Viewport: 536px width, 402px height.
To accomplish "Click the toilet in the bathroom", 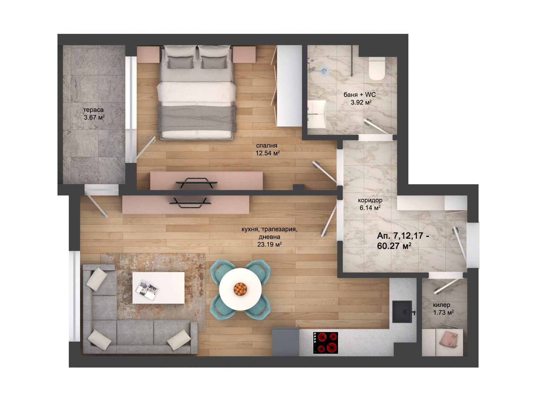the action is pos(377,68).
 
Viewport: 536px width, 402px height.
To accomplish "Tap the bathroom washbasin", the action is pos(317,114).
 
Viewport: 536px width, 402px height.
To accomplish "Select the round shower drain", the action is pos(324,71).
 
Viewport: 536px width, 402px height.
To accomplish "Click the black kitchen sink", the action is pos(402,312).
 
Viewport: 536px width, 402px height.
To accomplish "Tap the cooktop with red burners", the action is pos(326,343).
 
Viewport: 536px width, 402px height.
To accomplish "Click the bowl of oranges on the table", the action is pos(240,289).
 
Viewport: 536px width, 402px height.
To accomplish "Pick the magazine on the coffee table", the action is pos(147,290).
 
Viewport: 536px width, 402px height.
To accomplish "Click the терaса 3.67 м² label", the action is pos(94,114).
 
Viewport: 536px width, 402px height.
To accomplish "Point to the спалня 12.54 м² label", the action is pos(267,149).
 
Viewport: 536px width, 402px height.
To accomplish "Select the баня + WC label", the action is pos(359,95).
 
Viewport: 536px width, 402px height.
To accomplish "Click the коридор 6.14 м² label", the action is pos(370,204).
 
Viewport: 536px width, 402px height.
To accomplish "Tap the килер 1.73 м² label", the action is pos(443,309).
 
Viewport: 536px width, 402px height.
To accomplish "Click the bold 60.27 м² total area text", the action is pos(394,246).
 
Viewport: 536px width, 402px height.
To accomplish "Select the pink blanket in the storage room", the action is pos(448,339).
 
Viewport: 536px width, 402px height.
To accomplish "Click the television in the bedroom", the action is pos(197,183).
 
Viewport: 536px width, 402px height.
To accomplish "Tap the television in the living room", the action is pos(190,203).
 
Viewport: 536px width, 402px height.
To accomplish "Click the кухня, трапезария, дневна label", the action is pos(269,237).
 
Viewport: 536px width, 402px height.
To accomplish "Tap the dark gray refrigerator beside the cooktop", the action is pos(286,342).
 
